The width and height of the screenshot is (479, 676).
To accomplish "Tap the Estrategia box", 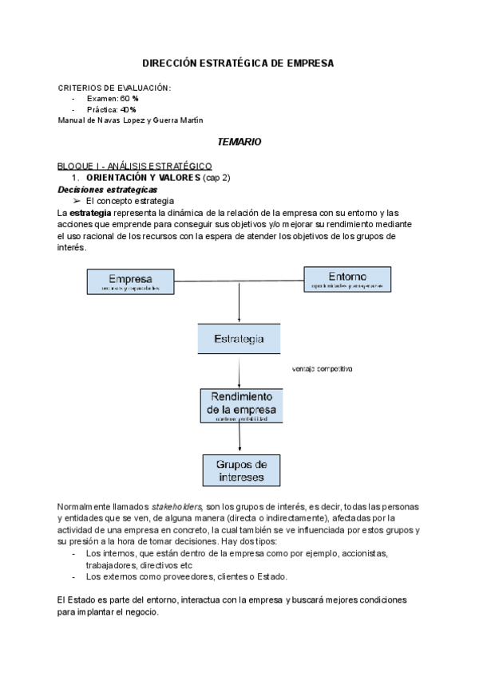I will [239, 339].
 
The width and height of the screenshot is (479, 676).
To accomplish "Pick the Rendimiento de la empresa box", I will [239, 407].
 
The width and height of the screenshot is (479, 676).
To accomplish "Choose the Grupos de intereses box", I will [240, 470].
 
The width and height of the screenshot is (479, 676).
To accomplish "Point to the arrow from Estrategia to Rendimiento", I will [239, 372].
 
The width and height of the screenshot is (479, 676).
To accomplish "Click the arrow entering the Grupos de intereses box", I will [239, 439].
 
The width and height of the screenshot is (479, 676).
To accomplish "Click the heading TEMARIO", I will [239, 141].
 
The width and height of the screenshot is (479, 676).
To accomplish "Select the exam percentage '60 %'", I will [129, 98].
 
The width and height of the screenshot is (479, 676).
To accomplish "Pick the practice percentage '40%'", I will [128, 109].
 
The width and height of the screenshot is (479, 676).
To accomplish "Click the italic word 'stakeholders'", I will [176, 508].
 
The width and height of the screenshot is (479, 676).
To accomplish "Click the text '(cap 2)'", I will [216, 177].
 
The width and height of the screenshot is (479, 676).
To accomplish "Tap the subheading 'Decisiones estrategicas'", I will [107, 190].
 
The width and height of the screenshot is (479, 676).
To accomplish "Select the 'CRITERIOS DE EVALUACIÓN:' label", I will [114, 87].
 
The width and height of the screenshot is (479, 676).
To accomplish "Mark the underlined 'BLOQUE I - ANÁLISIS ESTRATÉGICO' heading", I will [133, 165].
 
